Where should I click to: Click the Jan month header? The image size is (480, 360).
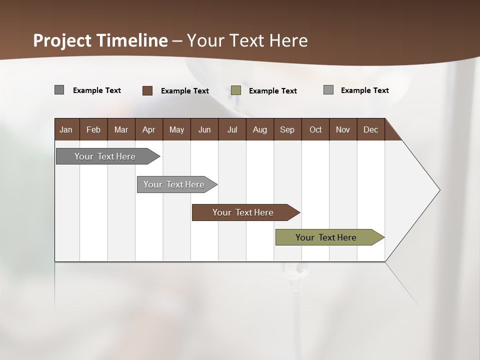click(66, 129)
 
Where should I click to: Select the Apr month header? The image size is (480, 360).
click(148, 129)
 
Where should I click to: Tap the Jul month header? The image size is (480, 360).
click(232, 129)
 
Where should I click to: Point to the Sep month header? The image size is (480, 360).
click(287, 129)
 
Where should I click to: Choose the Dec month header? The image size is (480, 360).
click(370, 129)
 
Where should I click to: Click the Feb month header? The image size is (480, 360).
click(93, 129)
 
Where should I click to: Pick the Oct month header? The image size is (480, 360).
click(315, 129)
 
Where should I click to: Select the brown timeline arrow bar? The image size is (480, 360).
click(243, 212)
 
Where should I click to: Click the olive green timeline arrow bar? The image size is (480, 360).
click(326, 237)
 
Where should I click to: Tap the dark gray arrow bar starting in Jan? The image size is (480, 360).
click(105, 156)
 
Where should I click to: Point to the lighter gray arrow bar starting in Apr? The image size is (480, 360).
click(174, 184)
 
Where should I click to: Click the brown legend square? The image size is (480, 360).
click(147, 90)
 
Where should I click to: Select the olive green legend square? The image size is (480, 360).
click(236, 90)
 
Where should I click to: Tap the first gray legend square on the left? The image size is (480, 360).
click(59, 90)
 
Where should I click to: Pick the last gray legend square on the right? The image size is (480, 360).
click(328, 90)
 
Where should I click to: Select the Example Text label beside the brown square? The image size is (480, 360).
click(185, 91)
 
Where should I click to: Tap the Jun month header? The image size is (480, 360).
click(204, 129)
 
